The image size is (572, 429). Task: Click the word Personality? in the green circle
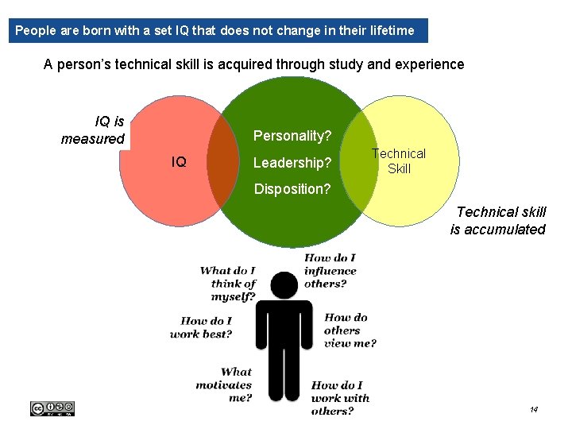(292, 136)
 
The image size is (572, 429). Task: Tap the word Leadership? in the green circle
(292, 163)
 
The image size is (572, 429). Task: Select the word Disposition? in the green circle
(292, 189)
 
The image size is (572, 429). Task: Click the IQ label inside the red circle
(180, 162)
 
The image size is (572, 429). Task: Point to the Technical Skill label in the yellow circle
(399, 160)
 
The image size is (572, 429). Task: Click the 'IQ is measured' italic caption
(94, 130)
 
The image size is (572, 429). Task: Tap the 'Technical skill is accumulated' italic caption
(498, 221)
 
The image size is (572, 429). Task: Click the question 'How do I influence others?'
(330, 270)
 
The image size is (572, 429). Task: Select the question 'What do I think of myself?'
(228, 284)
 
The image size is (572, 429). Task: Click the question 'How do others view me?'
(350, 330)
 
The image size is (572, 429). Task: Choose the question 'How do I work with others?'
(340, 398)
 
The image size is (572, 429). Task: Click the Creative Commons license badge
(52, 408)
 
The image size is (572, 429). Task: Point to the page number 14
(534, 409)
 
